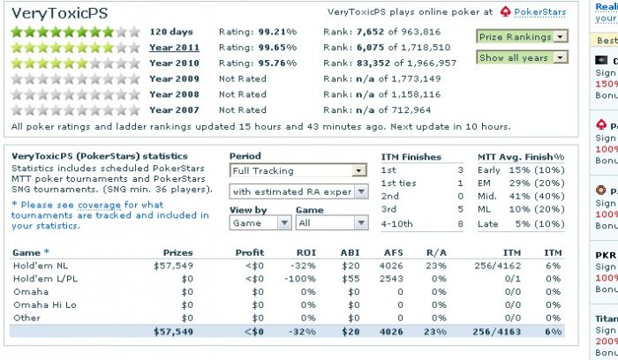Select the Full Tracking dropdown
(x=298, y=170)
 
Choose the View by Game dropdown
(x=260, y=223)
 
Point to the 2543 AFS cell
(x=390, y=278)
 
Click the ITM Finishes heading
(x=411, y=156)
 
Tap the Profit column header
(x=250, y=252)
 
